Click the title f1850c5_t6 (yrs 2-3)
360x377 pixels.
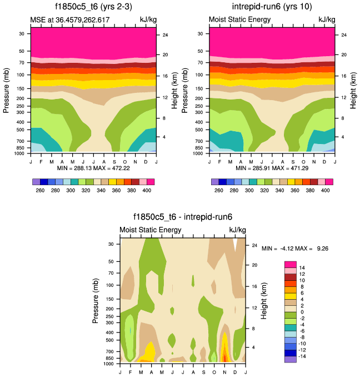click(x=92, y=7)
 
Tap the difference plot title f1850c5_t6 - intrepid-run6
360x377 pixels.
click(x=182, y=217)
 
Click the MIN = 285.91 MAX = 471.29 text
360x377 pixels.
click(x=272, y=167)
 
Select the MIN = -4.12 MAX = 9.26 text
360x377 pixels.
click(x=295, y=248)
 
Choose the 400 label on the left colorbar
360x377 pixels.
click(x=146, y=190)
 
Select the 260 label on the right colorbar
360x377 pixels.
click(x=219, y=190)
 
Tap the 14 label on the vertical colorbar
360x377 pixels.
click(x=302, y=268)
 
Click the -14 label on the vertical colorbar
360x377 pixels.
click(x=303, y=356)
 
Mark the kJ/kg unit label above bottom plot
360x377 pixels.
click(x=237, y=230)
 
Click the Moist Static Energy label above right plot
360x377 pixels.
click(x=239, y=19)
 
